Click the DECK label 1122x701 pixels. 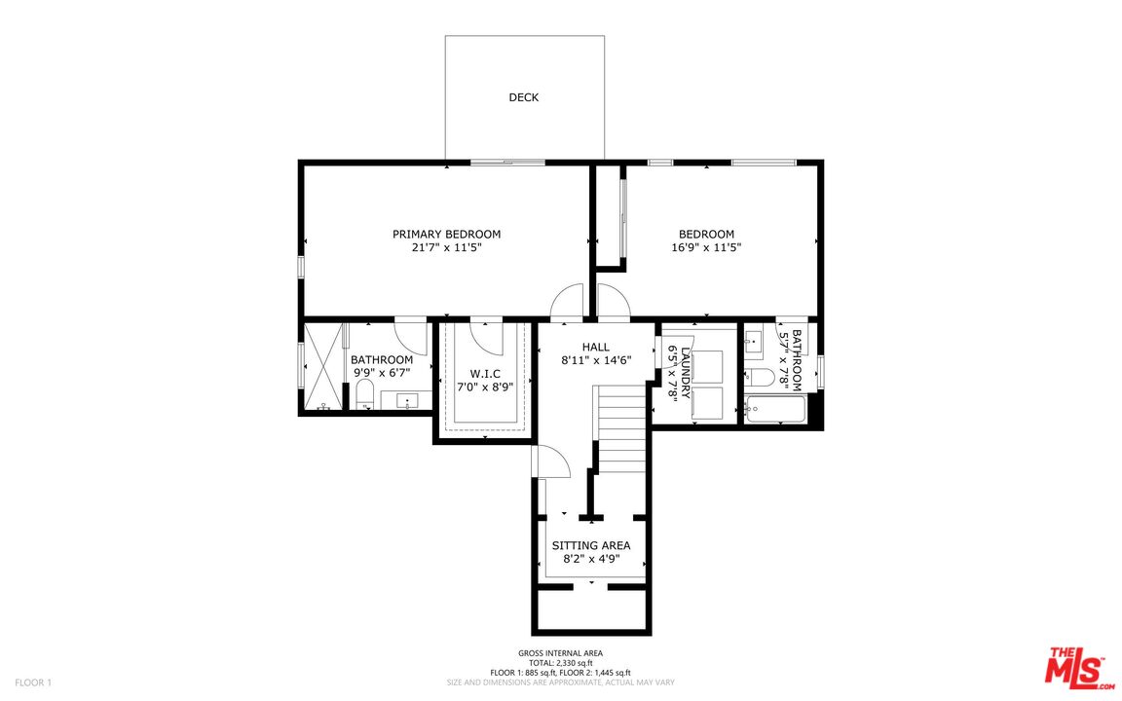pyautogui.click(x=523, y=97)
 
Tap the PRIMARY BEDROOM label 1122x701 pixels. pyautogui.click(x=446, y=234)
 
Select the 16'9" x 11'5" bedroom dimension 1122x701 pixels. pyautogui.click(x=706, y=247)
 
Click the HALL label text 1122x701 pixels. pyautogui.click(x=596, y=347)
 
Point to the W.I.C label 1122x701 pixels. pyautogui.click(x=485, y=374)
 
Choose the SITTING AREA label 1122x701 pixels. pyautogui.click(x=591, y=545)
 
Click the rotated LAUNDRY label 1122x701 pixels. pyautogui.click(x=685, y=373)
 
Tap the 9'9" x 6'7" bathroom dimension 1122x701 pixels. pyautogui.click(x=382, y=373)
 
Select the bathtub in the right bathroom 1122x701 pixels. pyautogui.click(x=775, y=409)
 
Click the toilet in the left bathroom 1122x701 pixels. pyautogui.click(x=365, y=394)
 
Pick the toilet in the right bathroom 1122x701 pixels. pyautogui.click(x=757, y=377)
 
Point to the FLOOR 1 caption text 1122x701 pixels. pyautogui.click(x=33, y=683)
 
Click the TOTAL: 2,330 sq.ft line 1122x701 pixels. pyautogui.click(x=560, y=663)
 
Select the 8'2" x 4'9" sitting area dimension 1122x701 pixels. pyautogui.click(x=591, y=559)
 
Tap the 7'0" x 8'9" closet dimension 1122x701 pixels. pyautogui.click(x=485, y=387)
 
